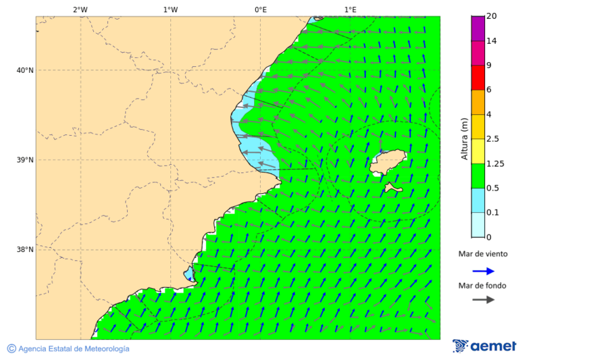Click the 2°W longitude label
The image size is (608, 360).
[80, 9]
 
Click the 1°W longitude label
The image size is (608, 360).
[170, 9]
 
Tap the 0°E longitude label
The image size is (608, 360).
[260, 9]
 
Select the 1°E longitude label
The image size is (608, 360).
[350, 9]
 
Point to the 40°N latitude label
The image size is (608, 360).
[24, 70]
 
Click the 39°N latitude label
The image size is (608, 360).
[24, 160]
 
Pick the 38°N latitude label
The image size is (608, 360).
[24, 250]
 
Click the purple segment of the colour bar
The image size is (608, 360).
[478, 28]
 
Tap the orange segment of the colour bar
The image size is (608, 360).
[478, 102]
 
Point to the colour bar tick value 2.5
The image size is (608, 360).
[492, 139]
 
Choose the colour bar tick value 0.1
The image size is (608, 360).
[492, 213]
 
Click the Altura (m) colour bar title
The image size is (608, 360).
[464, 138]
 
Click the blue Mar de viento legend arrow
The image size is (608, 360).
[483, 271]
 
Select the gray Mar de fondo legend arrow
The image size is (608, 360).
[483, 300]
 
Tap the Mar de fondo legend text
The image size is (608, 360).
[482, 286]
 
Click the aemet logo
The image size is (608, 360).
[484, 346]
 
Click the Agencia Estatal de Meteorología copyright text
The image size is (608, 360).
[68, 349]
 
